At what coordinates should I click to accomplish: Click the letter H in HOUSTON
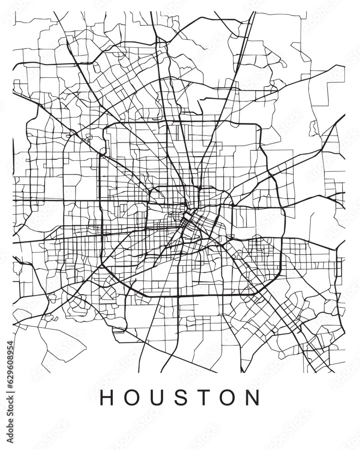pyautogui.click(x=107, y=397)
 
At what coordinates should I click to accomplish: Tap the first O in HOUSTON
pyautogui.click(x=131, y=397)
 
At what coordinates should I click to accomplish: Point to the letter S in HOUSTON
pyautogui.click(x=180, y=397)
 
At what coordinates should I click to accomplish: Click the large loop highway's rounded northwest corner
pyautogui.click(x=107, y=128)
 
